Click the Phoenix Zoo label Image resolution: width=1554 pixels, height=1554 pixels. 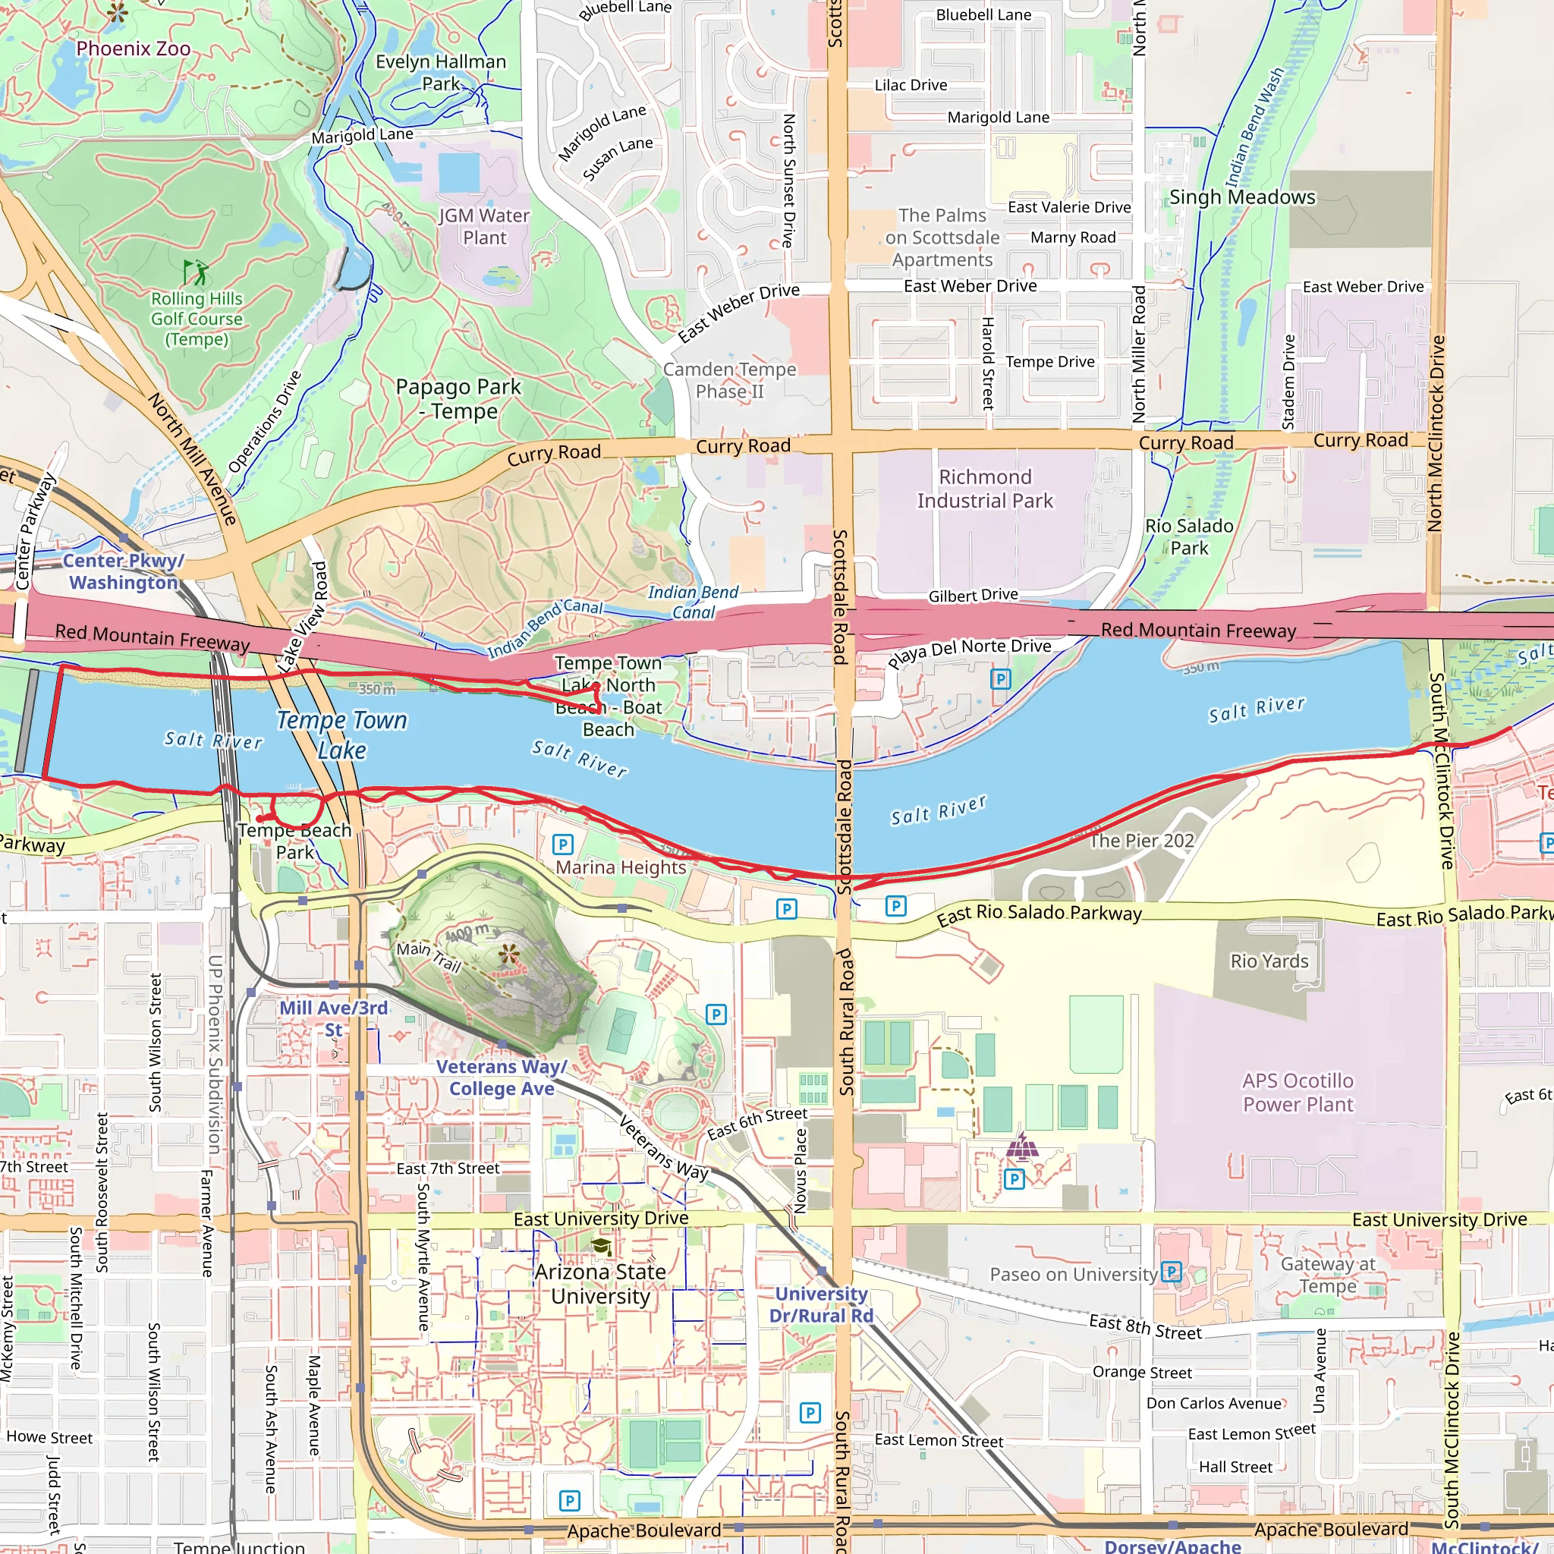pyautogui.click(x=134, y=49)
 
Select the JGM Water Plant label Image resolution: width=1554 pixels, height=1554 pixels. pyautogui.click(x=484, y=227)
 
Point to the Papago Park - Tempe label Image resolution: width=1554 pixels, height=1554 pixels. pyautogui.click(x=458, y=399)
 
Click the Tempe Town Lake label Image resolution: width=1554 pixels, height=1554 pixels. pyautogui.click(x=342, y=735)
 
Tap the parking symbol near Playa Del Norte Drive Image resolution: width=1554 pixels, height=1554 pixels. pyautogui.click(x=1001, y=679)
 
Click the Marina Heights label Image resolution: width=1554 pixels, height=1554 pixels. pyautogui.click(x=621, y=867)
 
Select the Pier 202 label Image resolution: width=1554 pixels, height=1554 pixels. pyautogui.click(x=1141, y=841)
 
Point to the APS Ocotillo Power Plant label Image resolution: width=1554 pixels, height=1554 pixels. pyautogui.click(x=1298, y=1093)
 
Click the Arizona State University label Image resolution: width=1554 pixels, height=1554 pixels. pyautogui.click(x=600, y=1284)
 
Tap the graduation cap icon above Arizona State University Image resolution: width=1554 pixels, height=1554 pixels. pyautogui.click(x=601, y=1247)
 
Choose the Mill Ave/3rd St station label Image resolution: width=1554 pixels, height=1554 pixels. pyautogui.click(x=333, y=1018)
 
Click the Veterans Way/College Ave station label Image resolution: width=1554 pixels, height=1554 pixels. pyautogui.click(x=502, y=1077)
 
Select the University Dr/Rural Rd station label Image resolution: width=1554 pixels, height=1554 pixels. pyautogui.click(x=820, y=1304)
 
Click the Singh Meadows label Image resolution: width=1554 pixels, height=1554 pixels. pyautogui.click(x=1242, y=197)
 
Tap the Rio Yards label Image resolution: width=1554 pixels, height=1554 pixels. pyautogui.click(x=1269, y=961)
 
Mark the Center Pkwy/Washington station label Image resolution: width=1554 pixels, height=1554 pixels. pyautogui.click(x=123, y=571)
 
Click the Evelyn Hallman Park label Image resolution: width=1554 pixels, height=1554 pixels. pyautogui.click(x=441, y=72)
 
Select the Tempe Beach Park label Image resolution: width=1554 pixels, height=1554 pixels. pyautogui.click(x=294, y=841)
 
